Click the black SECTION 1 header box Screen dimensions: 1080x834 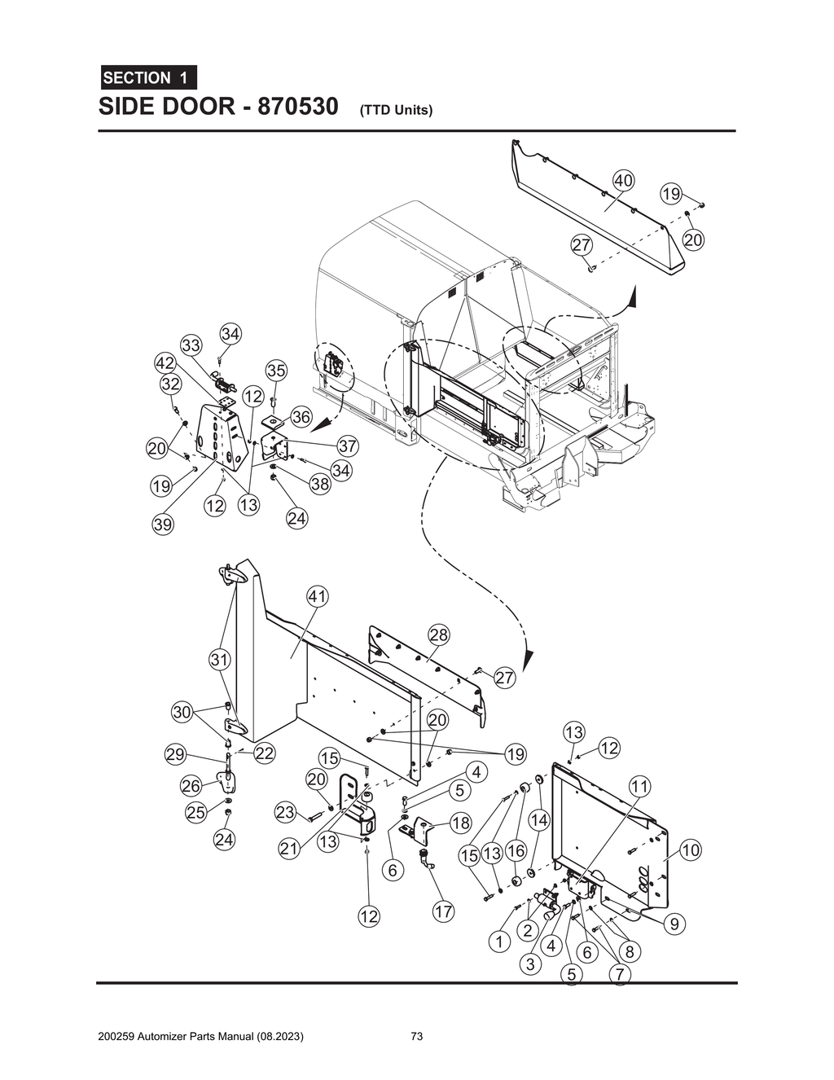coord(147,78)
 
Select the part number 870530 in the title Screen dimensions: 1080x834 coord(297,107)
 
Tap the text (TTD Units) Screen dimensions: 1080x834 coord(395,110)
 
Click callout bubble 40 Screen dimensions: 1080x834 coord(624,180)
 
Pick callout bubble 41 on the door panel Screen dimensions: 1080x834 coord(317,596)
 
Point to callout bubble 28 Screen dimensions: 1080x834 coord(439,634)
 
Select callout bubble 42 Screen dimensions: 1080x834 coord(165,362)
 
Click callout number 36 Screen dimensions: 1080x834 coord(301,417)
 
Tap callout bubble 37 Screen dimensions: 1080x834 coord(348,446)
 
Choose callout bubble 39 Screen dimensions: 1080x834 coord(163,525)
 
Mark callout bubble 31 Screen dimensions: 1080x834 coord(219,659)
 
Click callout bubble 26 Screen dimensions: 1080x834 coord(191,786)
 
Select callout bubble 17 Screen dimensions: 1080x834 coord(443,911)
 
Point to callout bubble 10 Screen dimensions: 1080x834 coord(690,850)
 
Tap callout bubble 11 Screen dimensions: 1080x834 coord(640,786)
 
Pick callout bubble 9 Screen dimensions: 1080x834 coord(674,924)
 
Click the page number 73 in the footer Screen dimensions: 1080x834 coord(417,1037)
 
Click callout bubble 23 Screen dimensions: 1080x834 coord(284,812)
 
